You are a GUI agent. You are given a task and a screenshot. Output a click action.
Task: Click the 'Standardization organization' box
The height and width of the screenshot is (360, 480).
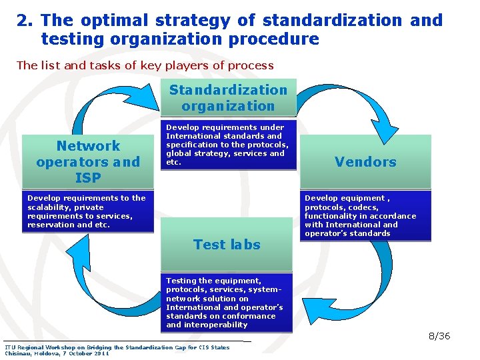[x=228, y=98]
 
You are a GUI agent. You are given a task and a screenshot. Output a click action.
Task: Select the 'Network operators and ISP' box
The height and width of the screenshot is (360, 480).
[x=88, y=161]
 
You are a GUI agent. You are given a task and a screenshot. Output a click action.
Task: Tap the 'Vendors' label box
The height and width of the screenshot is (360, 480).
[x=365, y=161]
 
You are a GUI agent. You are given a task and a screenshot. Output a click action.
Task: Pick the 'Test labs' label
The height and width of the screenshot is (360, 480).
[x=227, y=245]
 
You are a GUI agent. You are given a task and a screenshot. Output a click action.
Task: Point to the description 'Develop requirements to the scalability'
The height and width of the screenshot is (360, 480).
[x=87, y=211]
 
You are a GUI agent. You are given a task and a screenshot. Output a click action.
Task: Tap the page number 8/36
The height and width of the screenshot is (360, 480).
[x=439, y=336]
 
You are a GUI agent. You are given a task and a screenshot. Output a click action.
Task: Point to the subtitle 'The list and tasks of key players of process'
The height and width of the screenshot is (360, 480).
[x=145, y=65]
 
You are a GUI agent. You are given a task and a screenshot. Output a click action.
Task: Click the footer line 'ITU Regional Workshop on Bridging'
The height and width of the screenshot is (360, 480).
[x=117, y=347]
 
